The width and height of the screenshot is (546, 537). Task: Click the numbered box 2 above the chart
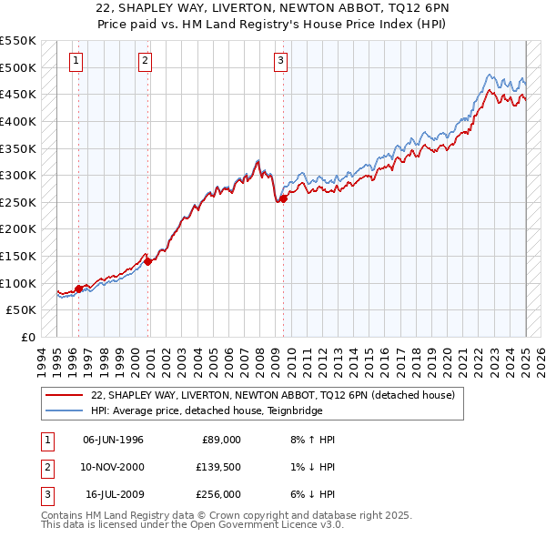[x=145, y=61]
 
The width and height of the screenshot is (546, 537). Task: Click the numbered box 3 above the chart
[x=280, y=61]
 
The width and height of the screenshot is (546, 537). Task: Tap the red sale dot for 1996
[x=78, y=289]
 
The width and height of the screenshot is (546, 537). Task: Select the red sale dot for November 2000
[x=147, y=261]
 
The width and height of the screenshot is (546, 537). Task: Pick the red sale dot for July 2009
[x=283, y=198]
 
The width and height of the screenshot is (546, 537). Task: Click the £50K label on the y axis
[x=21, y=309]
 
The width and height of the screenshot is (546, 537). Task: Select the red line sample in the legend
[x=65, y=395]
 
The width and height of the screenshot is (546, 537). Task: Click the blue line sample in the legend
[x=65, y=410]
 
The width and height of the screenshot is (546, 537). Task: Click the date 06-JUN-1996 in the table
[x=113, y=440]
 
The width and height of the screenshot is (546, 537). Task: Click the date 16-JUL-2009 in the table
[x=114, y=494]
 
